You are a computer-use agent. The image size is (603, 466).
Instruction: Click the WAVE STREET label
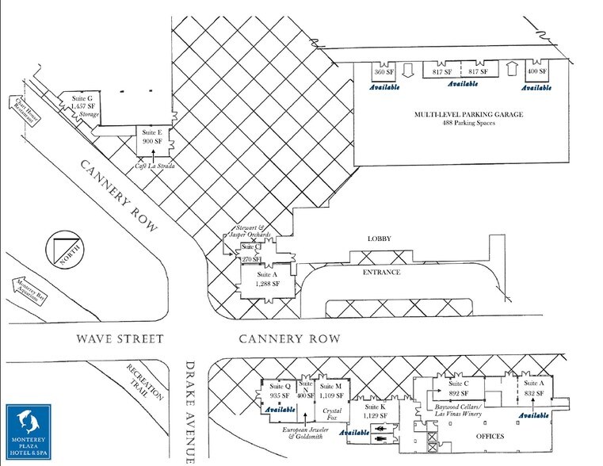[120, 339]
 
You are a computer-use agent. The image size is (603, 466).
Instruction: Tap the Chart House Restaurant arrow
[24, 113]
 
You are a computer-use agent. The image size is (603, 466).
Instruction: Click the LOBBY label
[380, 238]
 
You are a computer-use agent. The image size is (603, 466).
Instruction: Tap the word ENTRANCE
[383, 273]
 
